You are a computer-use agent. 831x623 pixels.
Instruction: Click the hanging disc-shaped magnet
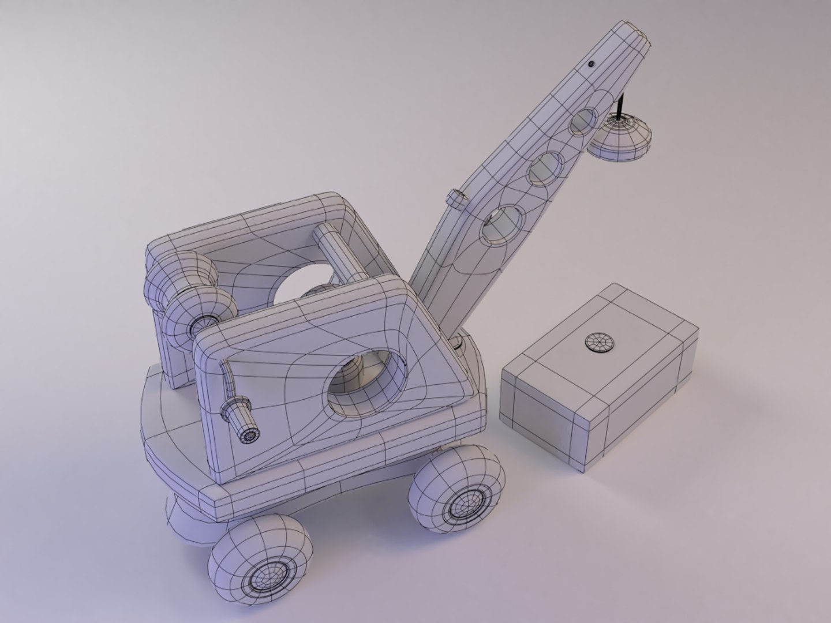pyautogui.click(x=620, y=138)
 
